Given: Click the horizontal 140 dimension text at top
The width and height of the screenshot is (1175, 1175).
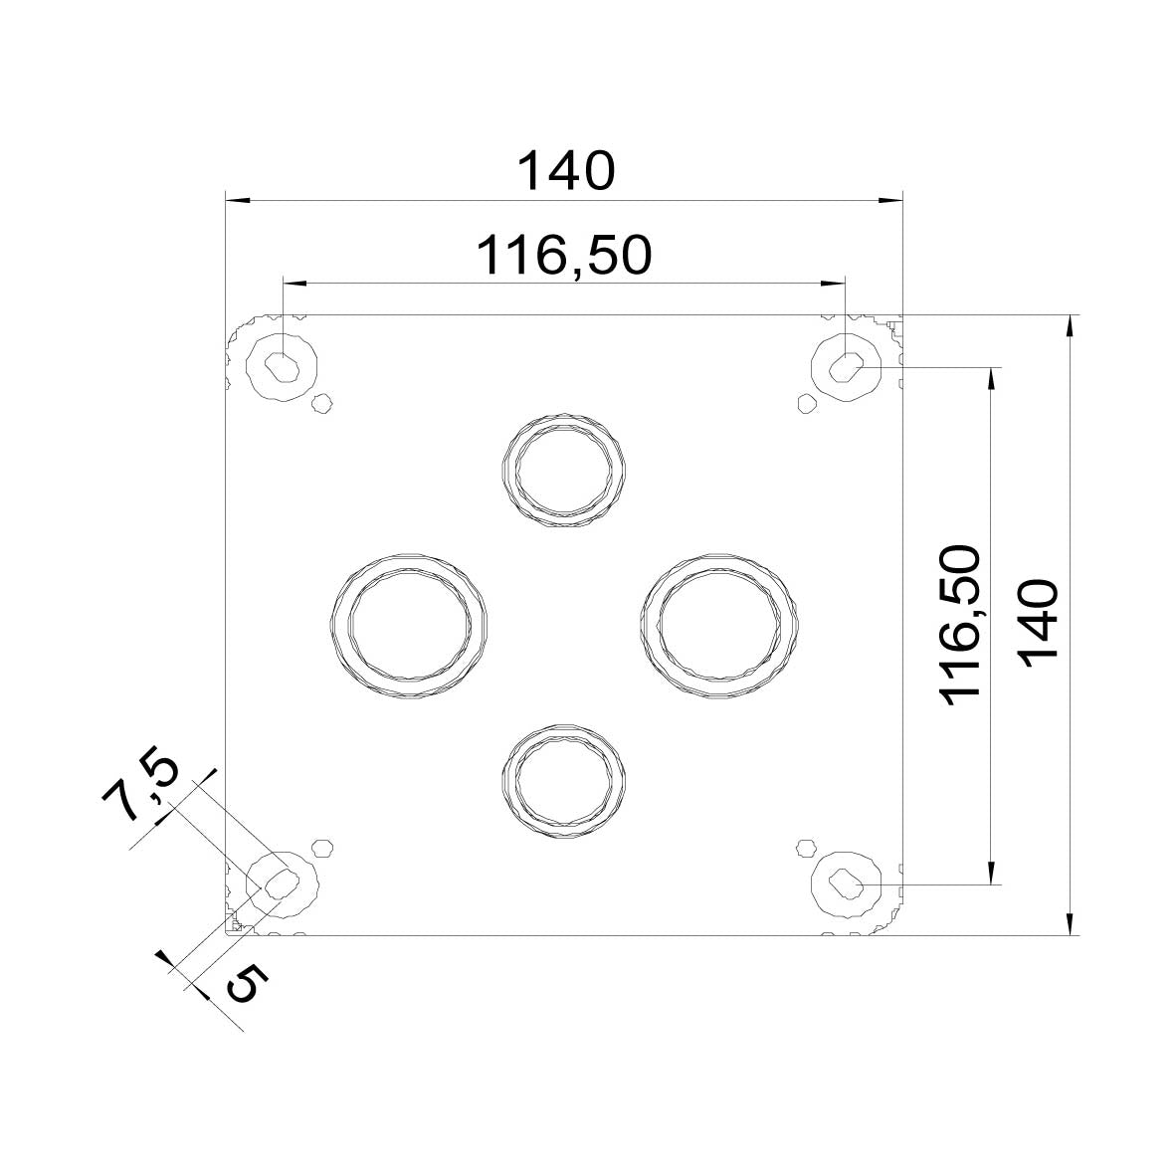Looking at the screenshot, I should pos(566,171).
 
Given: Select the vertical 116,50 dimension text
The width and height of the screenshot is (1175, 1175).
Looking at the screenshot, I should pos(962,626).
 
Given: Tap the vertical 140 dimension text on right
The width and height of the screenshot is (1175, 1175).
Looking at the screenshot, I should pos(1037,626).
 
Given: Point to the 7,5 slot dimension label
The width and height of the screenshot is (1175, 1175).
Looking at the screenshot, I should pos(142,790).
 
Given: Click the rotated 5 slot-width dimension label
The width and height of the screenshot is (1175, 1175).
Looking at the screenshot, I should pos(246,984).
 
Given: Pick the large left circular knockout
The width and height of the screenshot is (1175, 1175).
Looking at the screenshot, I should pos(409,623).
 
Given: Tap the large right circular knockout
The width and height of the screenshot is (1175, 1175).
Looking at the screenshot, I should pos(719,623).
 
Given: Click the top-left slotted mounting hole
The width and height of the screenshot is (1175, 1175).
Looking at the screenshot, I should pos(283,366).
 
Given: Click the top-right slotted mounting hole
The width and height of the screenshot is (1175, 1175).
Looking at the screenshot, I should pos(846,366).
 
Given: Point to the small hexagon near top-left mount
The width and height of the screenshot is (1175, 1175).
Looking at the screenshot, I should pos(321,403).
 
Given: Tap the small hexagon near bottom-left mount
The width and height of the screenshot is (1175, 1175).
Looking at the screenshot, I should pos(321,847).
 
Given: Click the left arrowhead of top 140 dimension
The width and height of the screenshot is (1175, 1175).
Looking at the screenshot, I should pos(235,200).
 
